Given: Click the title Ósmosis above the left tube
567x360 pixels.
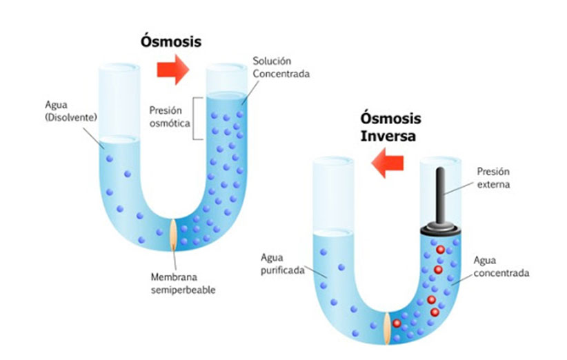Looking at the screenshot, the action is click(x=170, y=41).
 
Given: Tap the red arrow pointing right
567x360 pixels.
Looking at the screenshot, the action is click(x=173, y=70).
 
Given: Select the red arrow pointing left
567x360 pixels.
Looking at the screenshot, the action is click(x=387, y=163).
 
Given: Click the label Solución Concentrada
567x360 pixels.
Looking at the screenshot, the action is click(x=281, y=67).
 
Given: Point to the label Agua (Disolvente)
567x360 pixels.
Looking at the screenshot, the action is click(x=71, y=111).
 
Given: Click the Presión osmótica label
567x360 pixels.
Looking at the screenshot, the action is click(x=170, y=117).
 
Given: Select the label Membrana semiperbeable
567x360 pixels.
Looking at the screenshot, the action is click(x=183, y=283).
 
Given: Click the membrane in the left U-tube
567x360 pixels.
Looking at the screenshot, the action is click(x=174, y=234).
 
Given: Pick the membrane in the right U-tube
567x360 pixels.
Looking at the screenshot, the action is click(x=387, y=328).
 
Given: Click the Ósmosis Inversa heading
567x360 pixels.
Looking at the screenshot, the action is click(x=390, y=127).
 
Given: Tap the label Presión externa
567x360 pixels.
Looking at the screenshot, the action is click(x=493, y=178).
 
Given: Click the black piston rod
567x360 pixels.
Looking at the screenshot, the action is click(x=440, y=196).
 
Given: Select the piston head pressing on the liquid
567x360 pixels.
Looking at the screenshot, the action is click(x=440, y=230).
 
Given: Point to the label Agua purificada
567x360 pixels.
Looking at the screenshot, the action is click(x=282, y=264).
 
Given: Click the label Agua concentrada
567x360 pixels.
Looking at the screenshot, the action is click(x=501, y=266).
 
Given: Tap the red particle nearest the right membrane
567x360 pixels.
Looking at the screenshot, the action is click(x=397, y=323).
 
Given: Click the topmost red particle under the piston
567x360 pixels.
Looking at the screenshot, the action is click(x=440, y=250).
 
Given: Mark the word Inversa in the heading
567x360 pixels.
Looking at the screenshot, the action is click(x=388, y=137).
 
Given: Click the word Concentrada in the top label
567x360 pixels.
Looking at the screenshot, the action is click(x=281, y=74).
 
